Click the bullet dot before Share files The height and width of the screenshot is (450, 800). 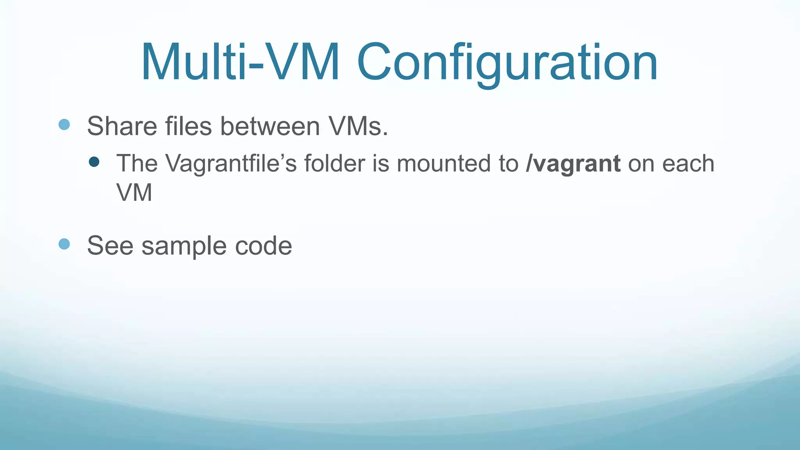[64, 125]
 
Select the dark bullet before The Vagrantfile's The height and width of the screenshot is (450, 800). [94, 162]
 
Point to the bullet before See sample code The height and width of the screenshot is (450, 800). [64, 244]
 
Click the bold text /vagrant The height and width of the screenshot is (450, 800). [573, 164]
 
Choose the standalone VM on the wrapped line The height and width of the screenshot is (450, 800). [134, 193]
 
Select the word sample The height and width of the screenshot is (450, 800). [184, 246]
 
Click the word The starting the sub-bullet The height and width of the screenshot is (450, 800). [137, 163]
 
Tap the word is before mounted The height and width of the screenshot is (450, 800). [380, 163]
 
